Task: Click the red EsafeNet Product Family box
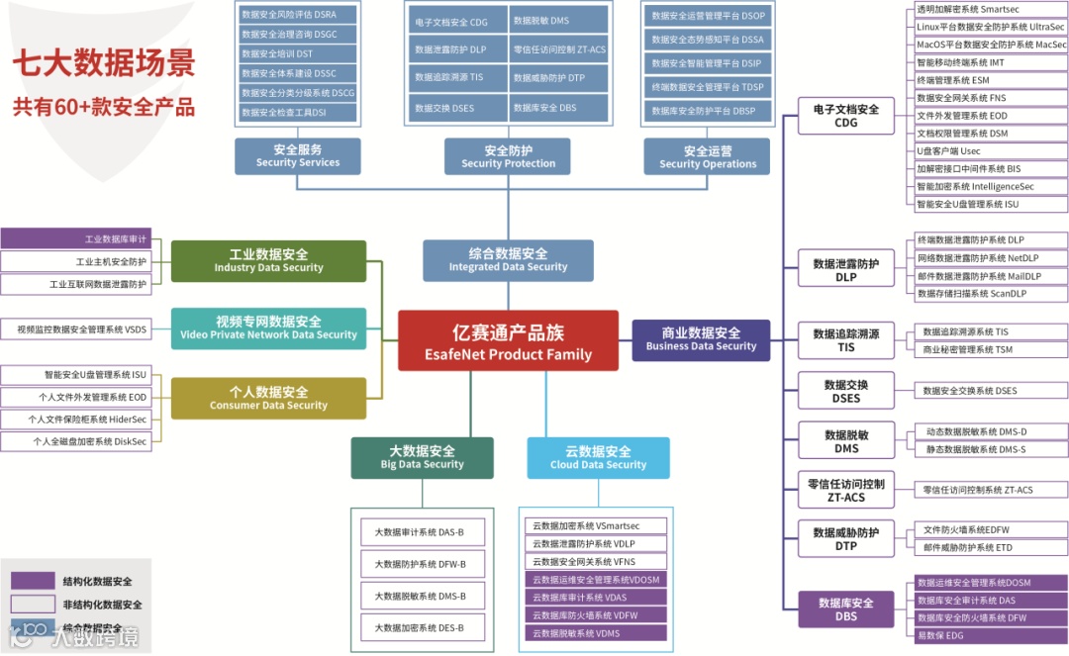coord(508,341)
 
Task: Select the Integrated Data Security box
coord(508,259)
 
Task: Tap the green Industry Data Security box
coord(268,260)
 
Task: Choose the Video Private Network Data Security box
coord(268,328)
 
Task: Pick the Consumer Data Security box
coord(268,398)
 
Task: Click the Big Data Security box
coord(423,458)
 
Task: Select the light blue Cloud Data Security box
coord(598,458)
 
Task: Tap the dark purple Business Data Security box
coord(701,339)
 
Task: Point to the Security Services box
coord(297,156)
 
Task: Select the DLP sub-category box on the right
coord(845,270)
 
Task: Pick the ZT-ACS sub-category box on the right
coord(845,489)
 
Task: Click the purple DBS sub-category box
coord(845,609)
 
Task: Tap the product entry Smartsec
coord(990,9)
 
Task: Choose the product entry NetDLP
coord(990,258)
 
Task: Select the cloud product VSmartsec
coord(595,526)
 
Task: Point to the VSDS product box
coord(76,329)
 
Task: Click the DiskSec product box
coord(76,441)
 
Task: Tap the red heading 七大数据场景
coord(103,64)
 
